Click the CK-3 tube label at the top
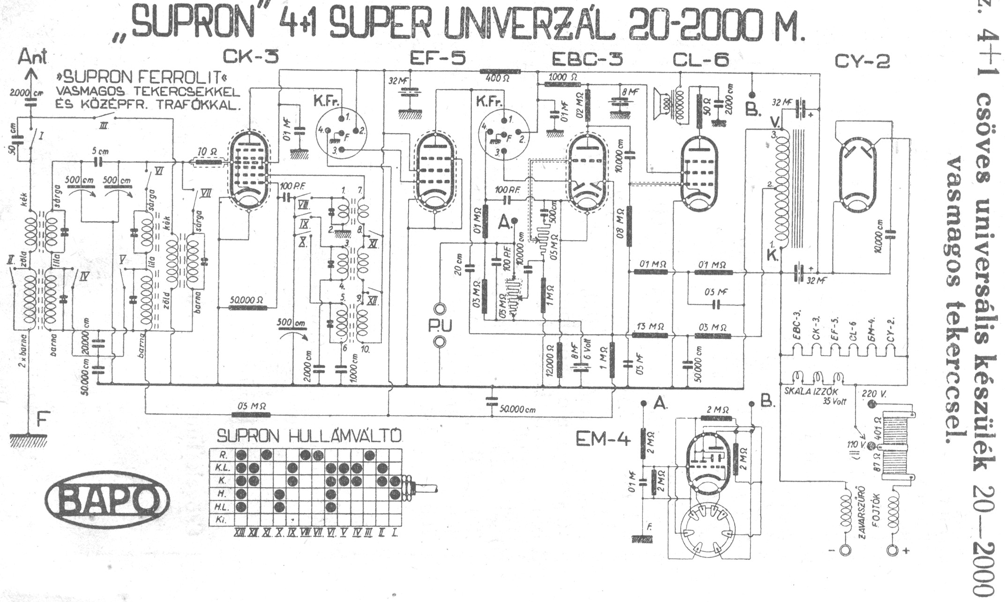[x=251, y=58]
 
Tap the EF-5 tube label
[x=438, y=59]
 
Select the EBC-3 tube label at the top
[x=588, y=59]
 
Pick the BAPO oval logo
[x=107, y=498]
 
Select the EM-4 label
[x=604, y=439]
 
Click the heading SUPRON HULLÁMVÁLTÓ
[x=309, y=437]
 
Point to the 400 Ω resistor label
[x=494, y=79]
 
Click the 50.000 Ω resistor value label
[x=247, y=299]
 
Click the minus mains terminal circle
[x=845, y=550]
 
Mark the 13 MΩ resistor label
[x=651, y=327]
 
